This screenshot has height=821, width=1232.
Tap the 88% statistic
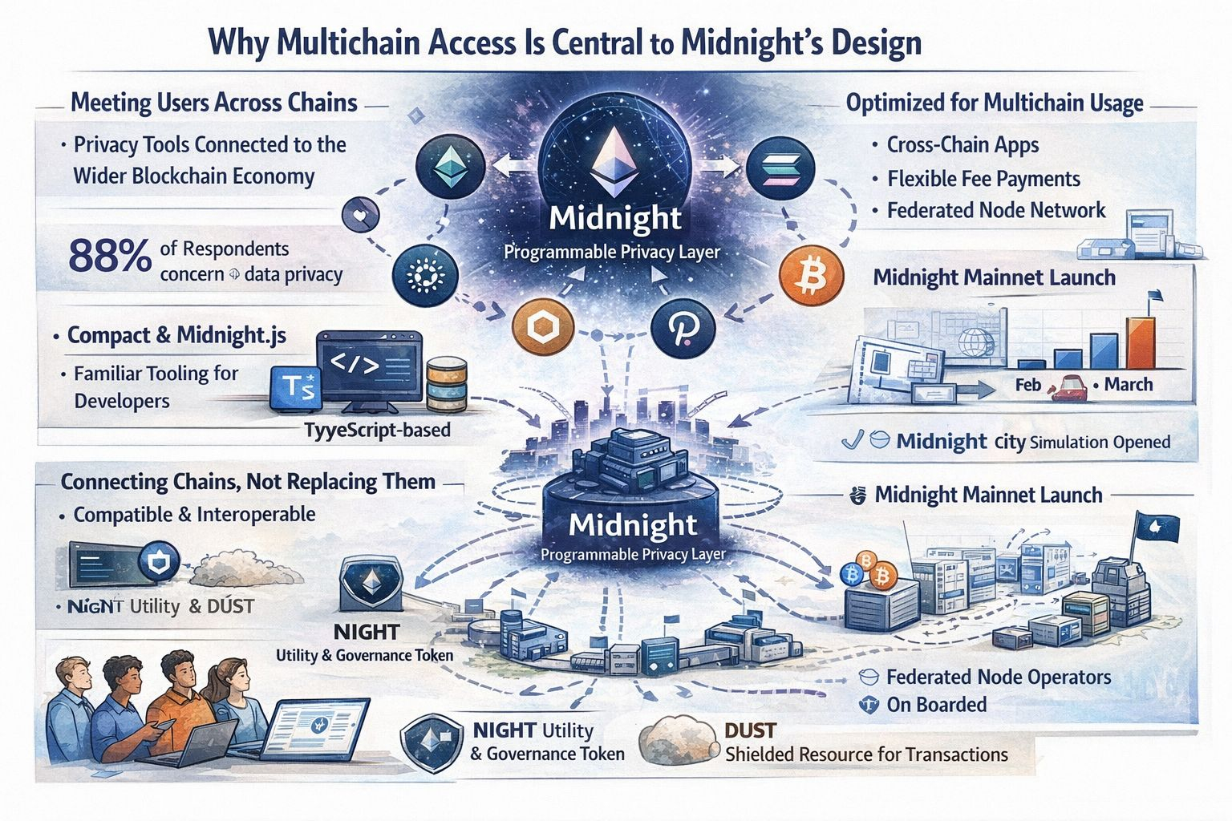pyautogui.click(x=110, y=257)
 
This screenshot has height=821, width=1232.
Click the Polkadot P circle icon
pyautogui.click(x=683, y=328)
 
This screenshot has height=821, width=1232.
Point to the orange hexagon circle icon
pyautogui.click(x=543, y=328)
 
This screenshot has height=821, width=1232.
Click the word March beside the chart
pyautogui.click(x=1128, y=384)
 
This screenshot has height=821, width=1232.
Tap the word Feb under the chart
pyautogui.click(x=1027, y=385)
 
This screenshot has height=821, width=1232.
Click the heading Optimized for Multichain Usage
pyautogui.click(x=995, y=103)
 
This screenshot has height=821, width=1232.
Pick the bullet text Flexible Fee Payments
pyautogui.click(x=983, y=179)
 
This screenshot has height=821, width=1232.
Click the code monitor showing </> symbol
pyautogui.click(x=369, y=367)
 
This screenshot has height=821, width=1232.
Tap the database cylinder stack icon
pyautogui.click(x=447, y=383)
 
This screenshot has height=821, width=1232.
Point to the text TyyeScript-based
pyautogui.click(x=377, y=431)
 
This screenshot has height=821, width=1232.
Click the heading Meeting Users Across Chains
pyautogui.click(x=213, y=103)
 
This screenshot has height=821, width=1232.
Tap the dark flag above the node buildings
pyautogui.click(x=1154, y=528)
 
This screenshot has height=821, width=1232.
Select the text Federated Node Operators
pyautogui.click(x=998, y=677)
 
